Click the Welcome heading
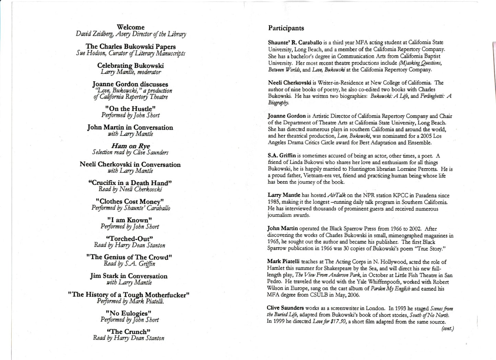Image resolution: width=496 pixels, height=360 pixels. (x=130, y=27)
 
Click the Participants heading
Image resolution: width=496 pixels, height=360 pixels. (x=286, y=28)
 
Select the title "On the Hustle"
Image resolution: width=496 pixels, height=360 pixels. (x=130, y=109)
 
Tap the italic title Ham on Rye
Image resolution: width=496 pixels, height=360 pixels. (x=130, y=146)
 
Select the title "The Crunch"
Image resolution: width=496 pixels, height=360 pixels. (x=129, y=332)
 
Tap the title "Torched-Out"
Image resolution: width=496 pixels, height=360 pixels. (x=130, y=239)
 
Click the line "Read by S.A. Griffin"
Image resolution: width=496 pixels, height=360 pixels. (x=129, y=264)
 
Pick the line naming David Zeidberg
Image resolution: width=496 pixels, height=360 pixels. (x=131, y=34)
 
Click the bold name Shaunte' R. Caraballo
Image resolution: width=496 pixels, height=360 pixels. (x=295, y=43)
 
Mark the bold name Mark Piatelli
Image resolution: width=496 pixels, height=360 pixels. (x=284, y=262)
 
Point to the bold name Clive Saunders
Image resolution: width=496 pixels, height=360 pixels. (x=285, y=308)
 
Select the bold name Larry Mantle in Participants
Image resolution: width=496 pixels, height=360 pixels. (x=284, y=195)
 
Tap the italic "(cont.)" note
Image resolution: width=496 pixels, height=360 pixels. (x=448, y=329)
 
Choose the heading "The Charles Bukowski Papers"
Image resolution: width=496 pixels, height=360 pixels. (x=130, y=46)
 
